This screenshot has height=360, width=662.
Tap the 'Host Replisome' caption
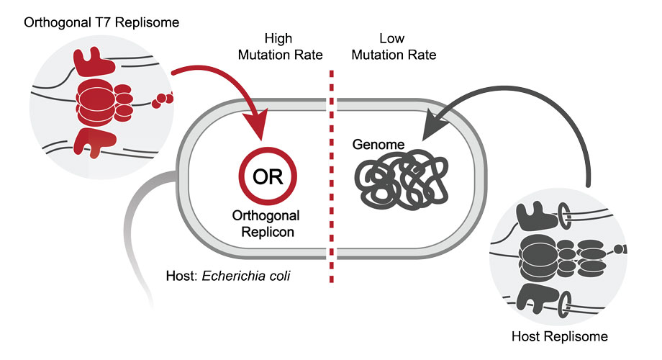[x=560, y=336]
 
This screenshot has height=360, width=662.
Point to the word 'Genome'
[x=378, y=145]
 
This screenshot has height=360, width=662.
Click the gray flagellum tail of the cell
[x=137, y=230]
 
